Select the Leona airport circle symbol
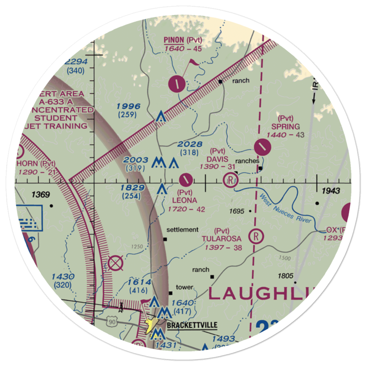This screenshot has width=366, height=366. coord(186,180)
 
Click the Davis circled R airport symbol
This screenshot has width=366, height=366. coord(231,180)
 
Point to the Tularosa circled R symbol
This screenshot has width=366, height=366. coord(256,236)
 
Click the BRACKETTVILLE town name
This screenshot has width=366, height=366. coord(192,325)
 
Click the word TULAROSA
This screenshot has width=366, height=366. coord(221,239)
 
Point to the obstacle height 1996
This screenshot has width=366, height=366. coord(128,107)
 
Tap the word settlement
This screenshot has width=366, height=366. coord(182,230)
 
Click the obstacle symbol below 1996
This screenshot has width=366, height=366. coord(160,117)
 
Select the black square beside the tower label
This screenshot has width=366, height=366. coord(170,293)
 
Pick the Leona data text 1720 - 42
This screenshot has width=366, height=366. coord(187,209)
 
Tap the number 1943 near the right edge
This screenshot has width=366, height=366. coord(332,191)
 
